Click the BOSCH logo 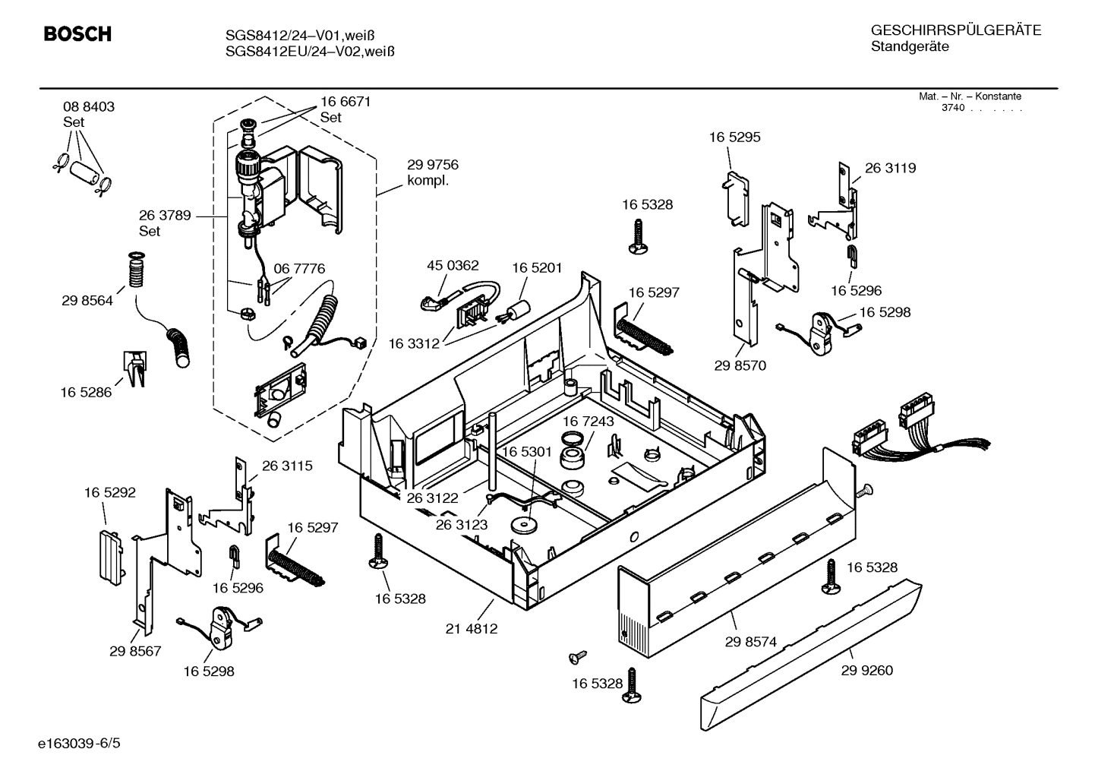77,34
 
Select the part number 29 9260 866,670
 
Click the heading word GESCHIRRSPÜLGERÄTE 955,31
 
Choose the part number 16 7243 588,421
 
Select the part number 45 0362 453,265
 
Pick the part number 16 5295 734,137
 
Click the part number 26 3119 890,168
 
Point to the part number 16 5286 86,393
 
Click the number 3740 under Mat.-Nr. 952,108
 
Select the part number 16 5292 109,492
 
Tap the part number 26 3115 287,466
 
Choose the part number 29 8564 87,301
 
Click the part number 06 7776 299,269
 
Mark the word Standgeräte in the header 909,47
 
